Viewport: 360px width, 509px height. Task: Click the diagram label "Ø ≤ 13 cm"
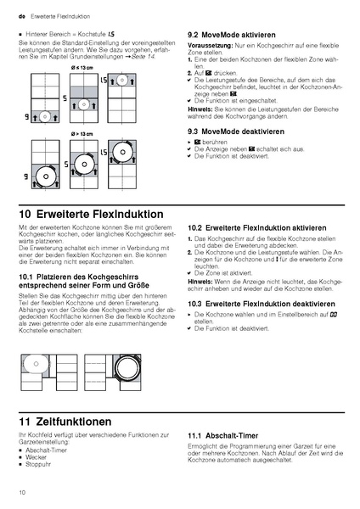coord(82,67)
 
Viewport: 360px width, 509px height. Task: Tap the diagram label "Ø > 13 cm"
coord(82,133)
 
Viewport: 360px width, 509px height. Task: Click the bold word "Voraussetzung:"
coord(207,45)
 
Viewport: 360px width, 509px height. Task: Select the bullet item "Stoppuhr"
coord(38,465)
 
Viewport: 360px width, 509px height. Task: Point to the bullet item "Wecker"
coord(36,458)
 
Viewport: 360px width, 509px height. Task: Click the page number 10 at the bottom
coord(20,492)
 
